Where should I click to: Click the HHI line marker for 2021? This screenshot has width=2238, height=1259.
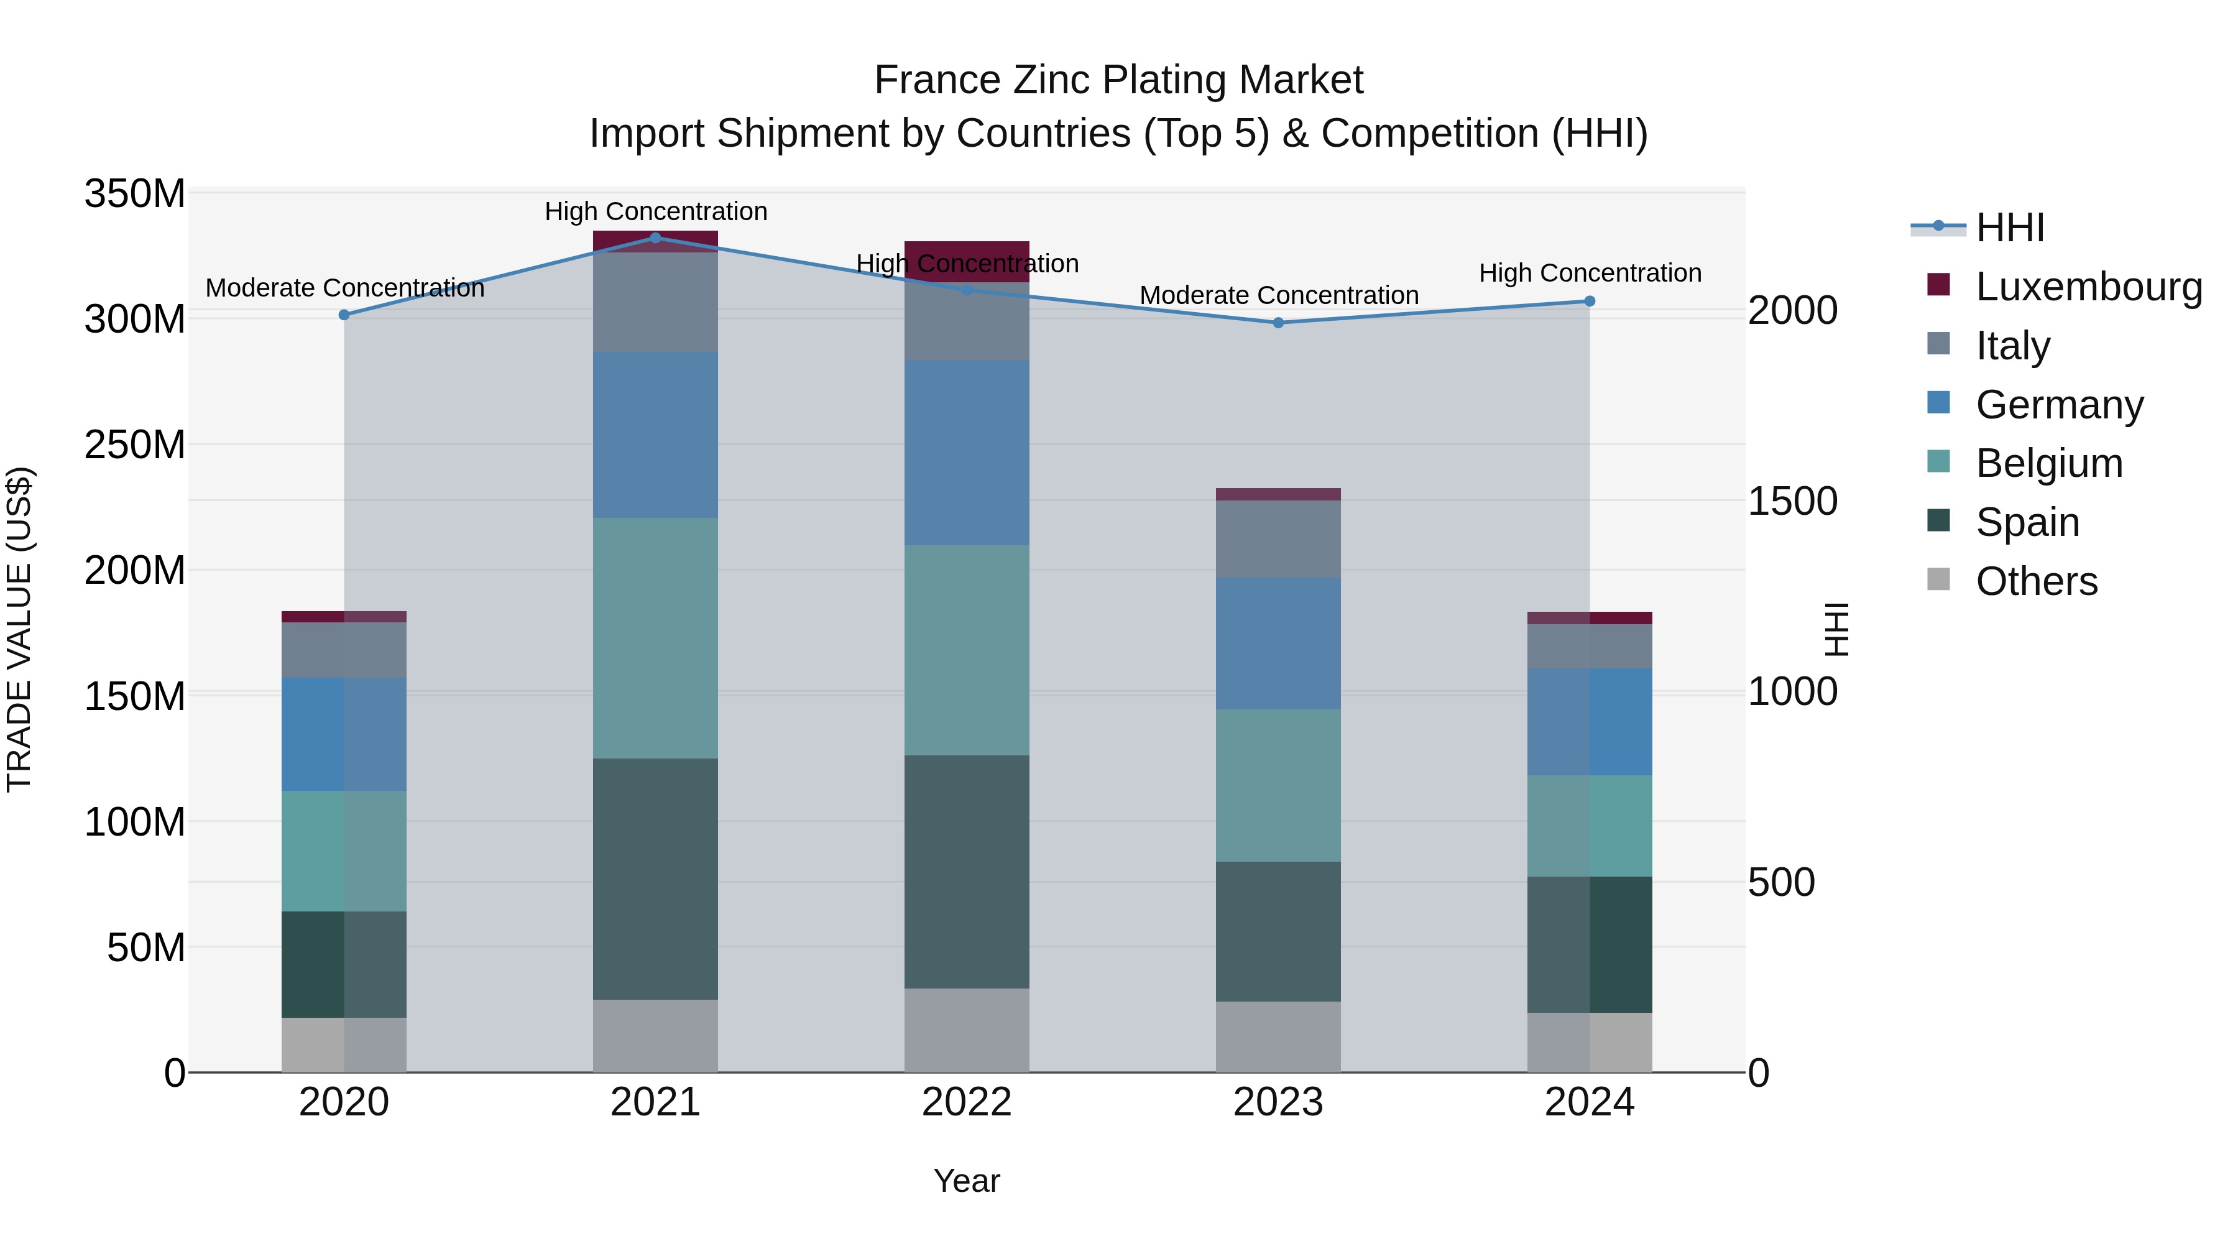click(655, 238)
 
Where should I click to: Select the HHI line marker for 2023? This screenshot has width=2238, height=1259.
click(1278, 322)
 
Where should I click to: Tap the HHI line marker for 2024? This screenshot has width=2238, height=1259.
click(1589, 302)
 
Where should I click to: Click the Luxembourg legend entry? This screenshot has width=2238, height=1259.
click(2089, 287)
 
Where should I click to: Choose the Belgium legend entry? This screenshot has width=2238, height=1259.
click(2048, 463)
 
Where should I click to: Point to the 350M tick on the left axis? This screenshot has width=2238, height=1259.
click(135, 194)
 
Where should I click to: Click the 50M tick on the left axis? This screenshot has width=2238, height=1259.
click(146, 947)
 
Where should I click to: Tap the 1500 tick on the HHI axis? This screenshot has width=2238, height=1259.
click(1792, 501)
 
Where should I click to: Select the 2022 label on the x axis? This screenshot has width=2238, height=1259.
click(966, 1102)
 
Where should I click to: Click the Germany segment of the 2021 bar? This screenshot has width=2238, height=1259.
click(655, 435)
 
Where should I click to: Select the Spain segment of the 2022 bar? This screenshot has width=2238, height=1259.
click(966, 872)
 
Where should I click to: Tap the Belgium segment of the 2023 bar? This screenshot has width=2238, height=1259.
click(1278, 785)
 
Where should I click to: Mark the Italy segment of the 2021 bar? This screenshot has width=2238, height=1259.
click(655, 302)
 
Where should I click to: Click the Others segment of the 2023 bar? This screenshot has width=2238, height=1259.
click(1278, 1036)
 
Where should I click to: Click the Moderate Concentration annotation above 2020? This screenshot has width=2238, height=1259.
click(345, 288)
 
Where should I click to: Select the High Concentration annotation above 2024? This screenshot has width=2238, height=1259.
click(1590, 273)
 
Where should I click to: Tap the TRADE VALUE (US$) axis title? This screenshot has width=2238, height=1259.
click(19, 629)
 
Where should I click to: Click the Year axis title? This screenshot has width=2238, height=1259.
click(966, 1181)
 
